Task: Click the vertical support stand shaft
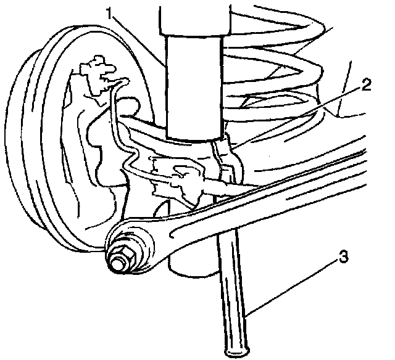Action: click(233, 290)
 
